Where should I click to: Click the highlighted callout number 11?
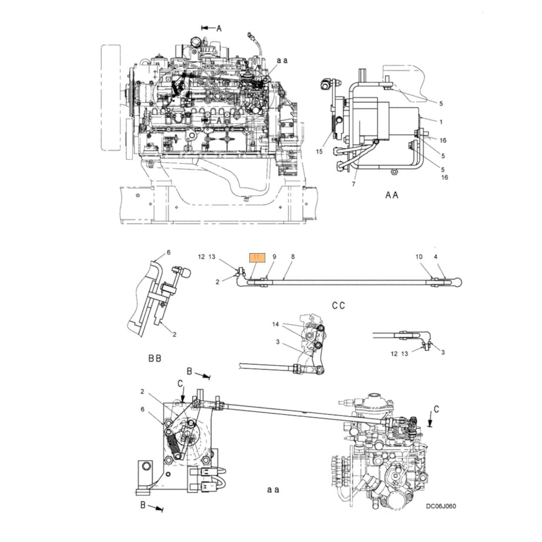256,257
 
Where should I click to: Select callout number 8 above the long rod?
293,256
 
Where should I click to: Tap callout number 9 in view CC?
274,256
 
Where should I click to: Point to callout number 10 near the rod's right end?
418,256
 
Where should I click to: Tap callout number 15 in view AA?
319,152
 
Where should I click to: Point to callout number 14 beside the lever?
275,324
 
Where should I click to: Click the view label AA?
392,195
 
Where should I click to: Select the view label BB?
155,358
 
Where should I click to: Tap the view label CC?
339,306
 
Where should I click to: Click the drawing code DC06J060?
440,506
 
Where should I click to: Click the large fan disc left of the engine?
111,98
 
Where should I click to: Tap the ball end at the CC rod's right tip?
459,281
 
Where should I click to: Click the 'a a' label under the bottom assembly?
273,489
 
